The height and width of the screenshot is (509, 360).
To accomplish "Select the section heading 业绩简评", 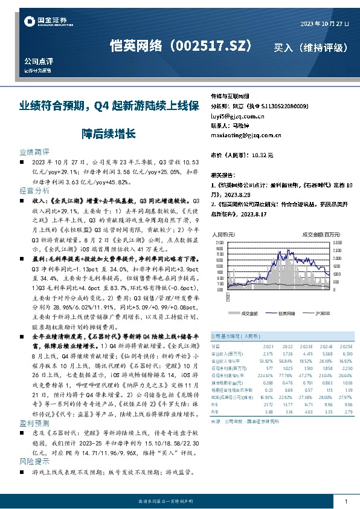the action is click(x=34, y=152).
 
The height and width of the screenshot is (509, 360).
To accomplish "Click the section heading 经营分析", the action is click(x=34, y=190).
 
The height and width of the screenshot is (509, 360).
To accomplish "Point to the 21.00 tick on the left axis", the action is click(x=218, y=243).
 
